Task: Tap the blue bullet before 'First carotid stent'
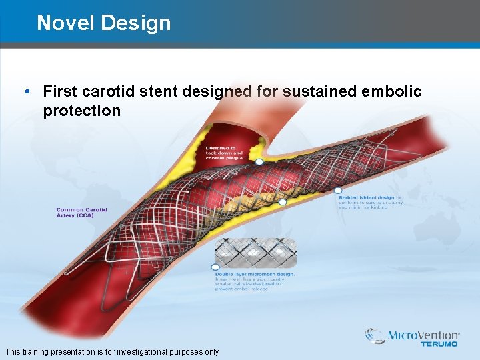point(25,91)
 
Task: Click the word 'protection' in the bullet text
point(81,111)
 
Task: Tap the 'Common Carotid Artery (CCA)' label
point(81,213)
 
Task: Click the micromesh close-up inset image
point(255,253)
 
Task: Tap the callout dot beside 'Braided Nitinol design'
point(338,190)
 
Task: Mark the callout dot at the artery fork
point(259,162)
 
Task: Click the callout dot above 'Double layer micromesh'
point(215,267)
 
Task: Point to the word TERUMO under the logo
point(439,345)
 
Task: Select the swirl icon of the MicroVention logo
point(375,336)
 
